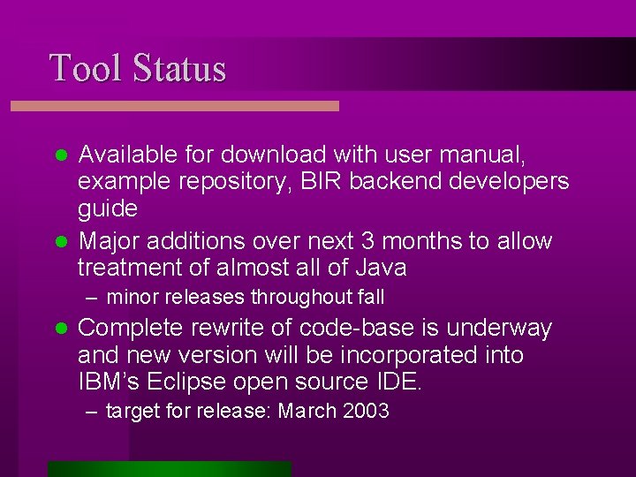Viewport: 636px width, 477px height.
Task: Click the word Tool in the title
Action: (85, 68)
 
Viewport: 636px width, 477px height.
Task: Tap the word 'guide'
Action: (108, 210)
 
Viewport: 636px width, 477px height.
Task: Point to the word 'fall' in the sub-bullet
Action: (367, 298)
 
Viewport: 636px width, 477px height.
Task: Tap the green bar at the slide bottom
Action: (169, 468)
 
